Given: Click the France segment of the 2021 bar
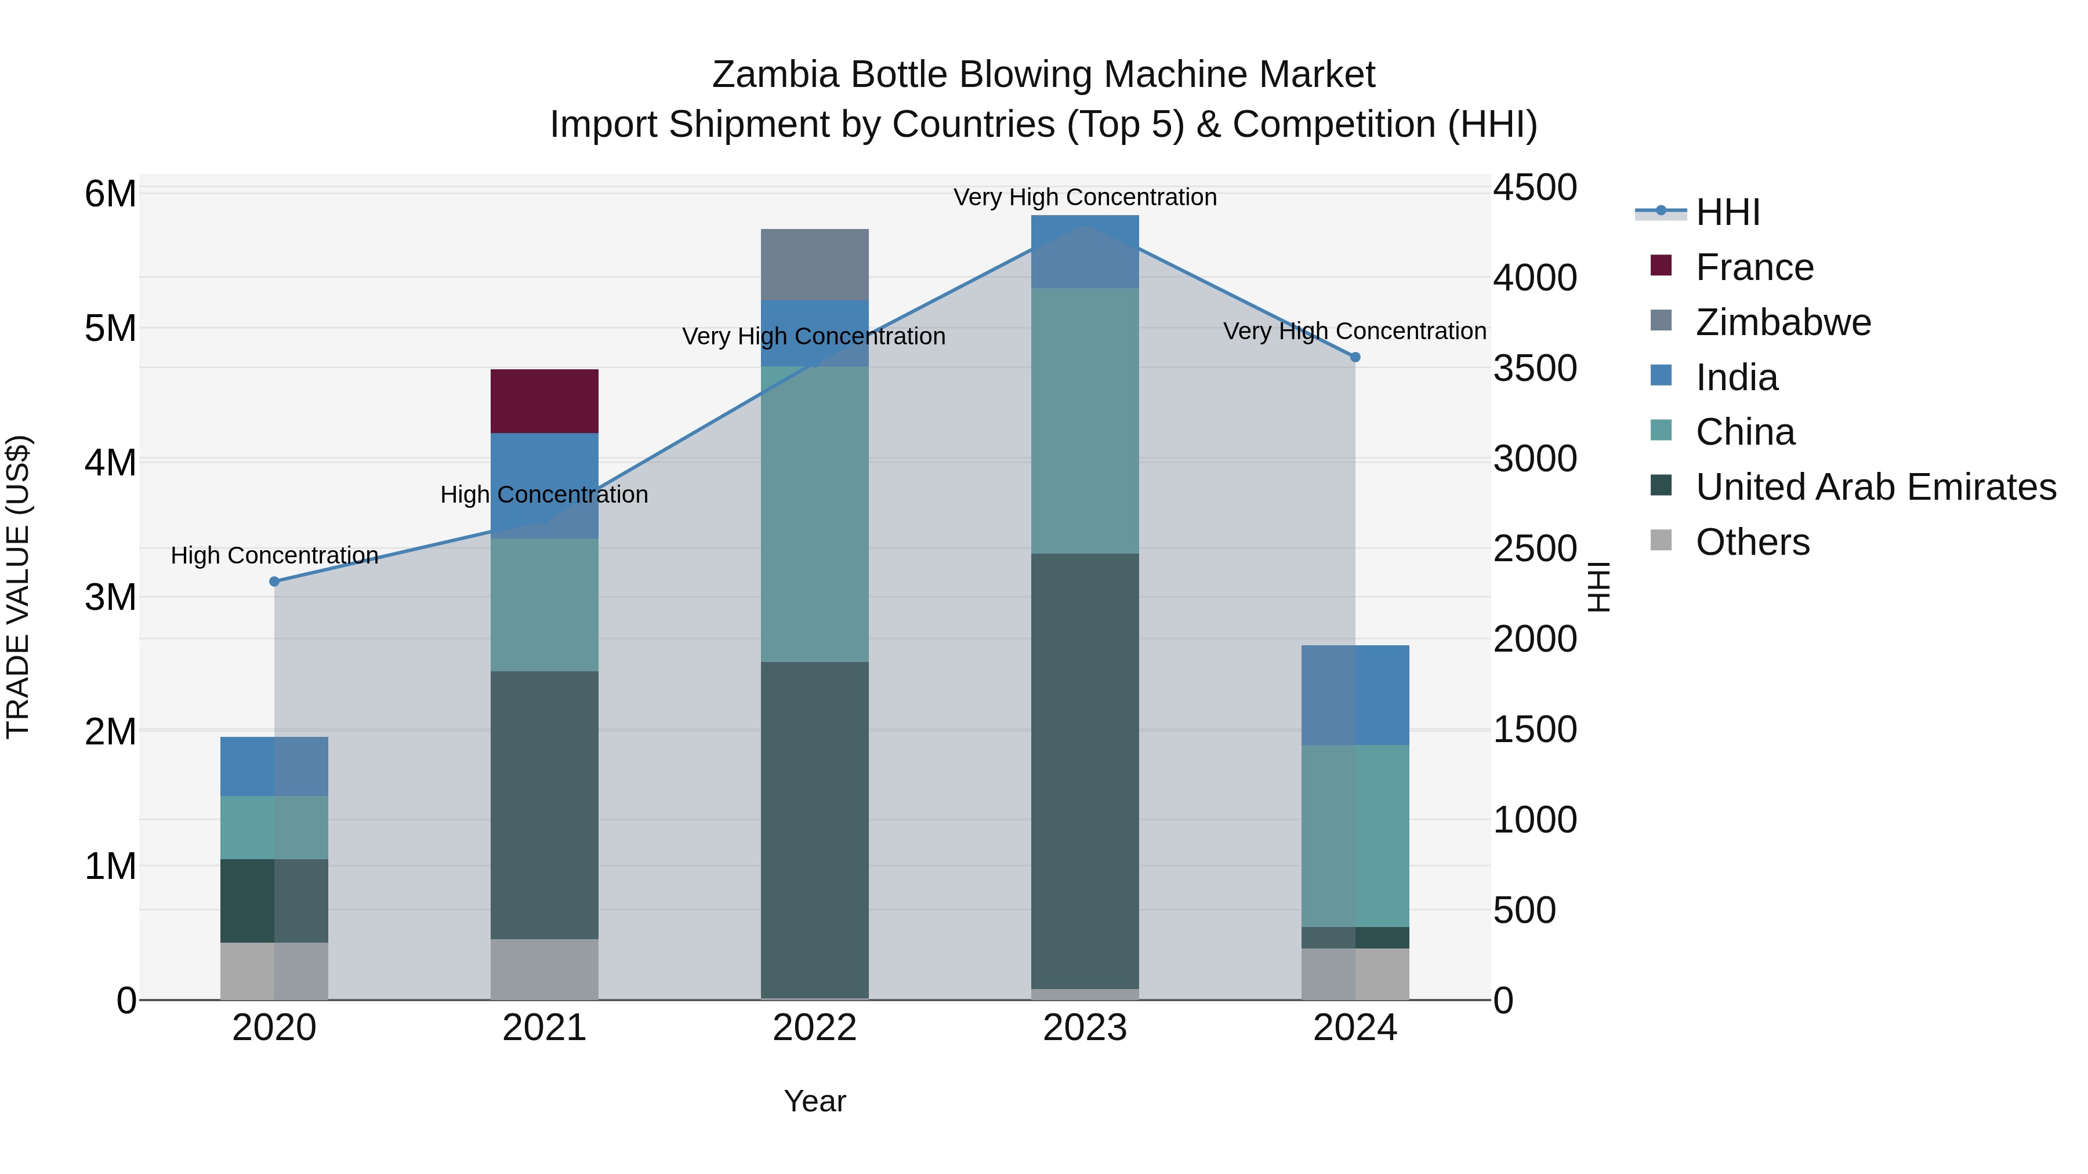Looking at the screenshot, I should [544, 401].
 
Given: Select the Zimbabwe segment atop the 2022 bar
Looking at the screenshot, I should [815, 264].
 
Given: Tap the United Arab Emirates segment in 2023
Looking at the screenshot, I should [1085, 770].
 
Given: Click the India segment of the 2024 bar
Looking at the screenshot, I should [1355, 695].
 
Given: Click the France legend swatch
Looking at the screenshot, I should [1661, 266].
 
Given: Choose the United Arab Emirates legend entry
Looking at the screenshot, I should [1876, 487].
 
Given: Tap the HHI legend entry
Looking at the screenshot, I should [1727, 212].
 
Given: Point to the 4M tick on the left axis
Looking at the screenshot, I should [111, 463].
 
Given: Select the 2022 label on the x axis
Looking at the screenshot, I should [815, 1028].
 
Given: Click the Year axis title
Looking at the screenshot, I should [815, 1101].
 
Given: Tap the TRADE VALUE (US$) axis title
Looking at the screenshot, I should [19, 587].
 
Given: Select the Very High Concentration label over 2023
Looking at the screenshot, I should [1085, 197].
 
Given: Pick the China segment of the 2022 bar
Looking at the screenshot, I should [815, 514].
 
